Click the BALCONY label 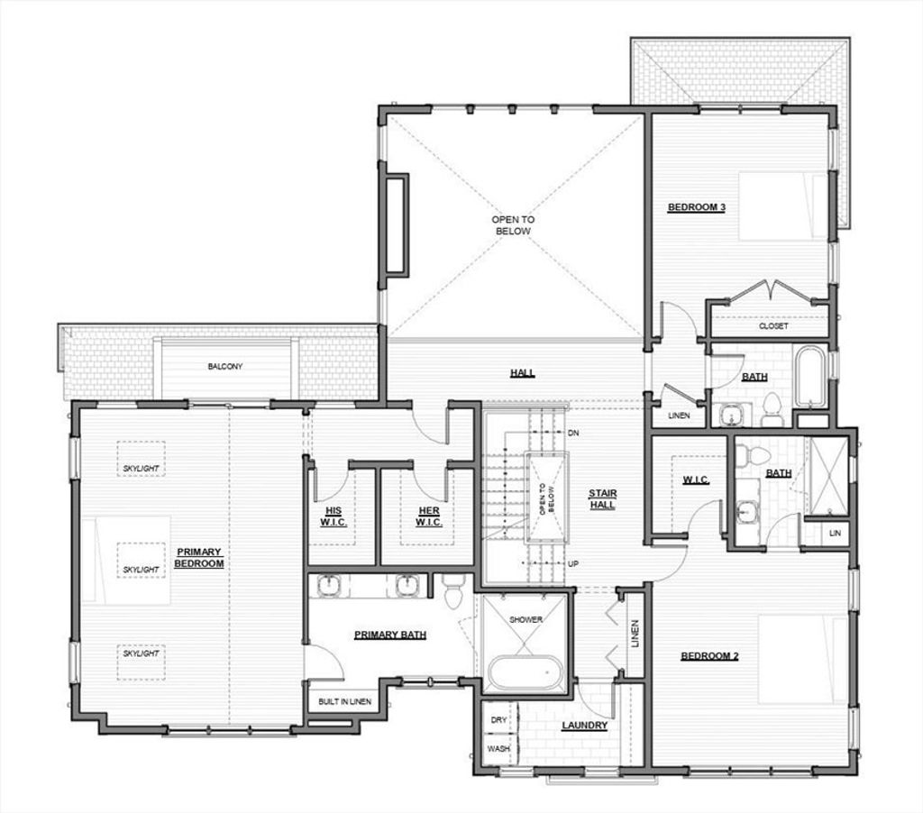coord(224,366)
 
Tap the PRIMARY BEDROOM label coord(199,558)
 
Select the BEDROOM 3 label coord(697,207)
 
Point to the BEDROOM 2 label coord(709,656)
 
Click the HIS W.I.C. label coord(334,516)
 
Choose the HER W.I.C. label coord(428,516)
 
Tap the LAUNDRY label coord(584,726)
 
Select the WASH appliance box coord(499,749)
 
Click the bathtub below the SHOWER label coord(525,672)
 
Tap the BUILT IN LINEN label coord(344,701)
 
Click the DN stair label coord(572,433)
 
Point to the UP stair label coord(572,563)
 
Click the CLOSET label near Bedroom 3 coord(772,325)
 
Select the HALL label coord(522,372)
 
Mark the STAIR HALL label coord(603,498)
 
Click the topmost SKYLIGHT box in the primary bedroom coord(141,459)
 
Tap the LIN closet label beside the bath coord(835,534)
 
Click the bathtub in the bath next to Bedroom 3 coord(810,378)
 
